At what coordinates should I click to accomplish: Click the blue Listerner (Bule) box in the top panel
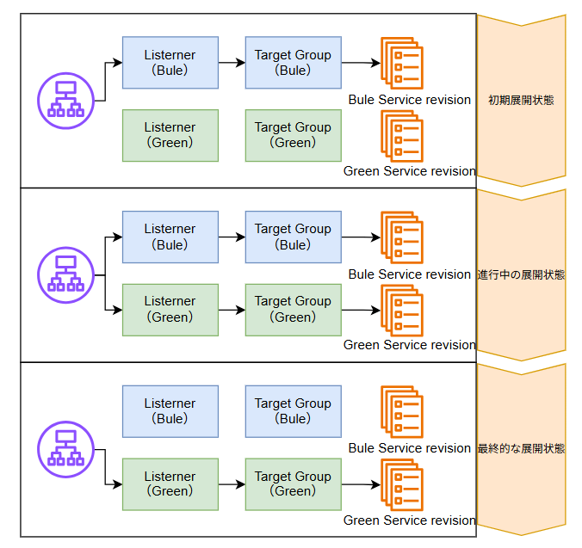pyautogui.click(x=170, y=62)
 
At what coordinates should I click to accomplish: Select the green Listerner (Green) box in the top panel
pyautogui.click(x=170, y=135)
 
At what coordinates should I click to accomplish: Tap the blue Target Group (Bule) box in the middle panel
pyautogui.click(x=293, y=237)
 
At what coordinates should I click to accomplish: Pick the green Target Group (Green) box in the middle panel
pyautogui.click(x=293, y=309)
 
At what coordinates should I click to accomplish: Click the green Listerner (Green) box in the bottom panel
pyautogui.click(x=170, y=483)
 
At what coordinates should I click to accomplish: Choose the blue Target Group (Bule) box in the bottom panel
pyautogui.click(x=293, y=411)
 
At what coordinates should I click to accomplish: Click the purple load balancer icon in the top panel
pyautogui.click(x=65, y=101)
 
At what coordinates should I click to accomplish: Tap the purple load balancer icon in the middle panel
pyautogui.click(x=65, y=274)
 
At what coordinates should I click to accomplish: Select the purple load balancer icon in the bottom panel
pyautogui.click(x=65, y=450)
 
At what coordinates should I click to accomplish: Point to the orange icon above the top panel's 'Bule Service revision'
pyautogui.click(x=402, y=64)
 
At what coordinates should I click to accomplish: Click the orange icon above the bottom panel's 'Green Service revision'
pyautogui.click(x=402, y=485)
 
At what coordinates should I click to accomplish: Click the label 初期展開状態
pyautogui.click(x=521, y=100)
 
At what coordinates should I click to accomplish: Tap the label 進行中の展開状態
pyautogui.click(x=521, y=275)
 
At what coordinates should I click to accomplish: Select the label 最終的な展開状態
pyautogui.click(x=521, y=449)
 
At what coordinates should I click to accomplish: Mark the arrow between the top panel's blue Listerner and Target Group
pyautogui.click(x=232, y=63)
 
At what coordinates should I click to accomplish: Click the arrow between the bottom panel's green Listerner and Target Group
pyautogui.click(x=232, y=484)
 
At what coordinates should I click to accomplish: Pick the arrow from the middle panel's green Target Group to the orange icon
pyautogui.click(x=361, y=310)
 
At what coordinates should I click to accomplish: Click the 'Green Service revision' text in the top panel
pyautogui.click(x=410, y=171)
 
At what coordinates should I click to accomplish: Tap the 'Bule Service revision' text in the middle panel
pyautogui.click(x=410, y=274)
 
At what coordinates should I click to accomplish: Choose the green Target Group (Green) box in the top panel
pyautogui.click(x=293, y=135)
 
